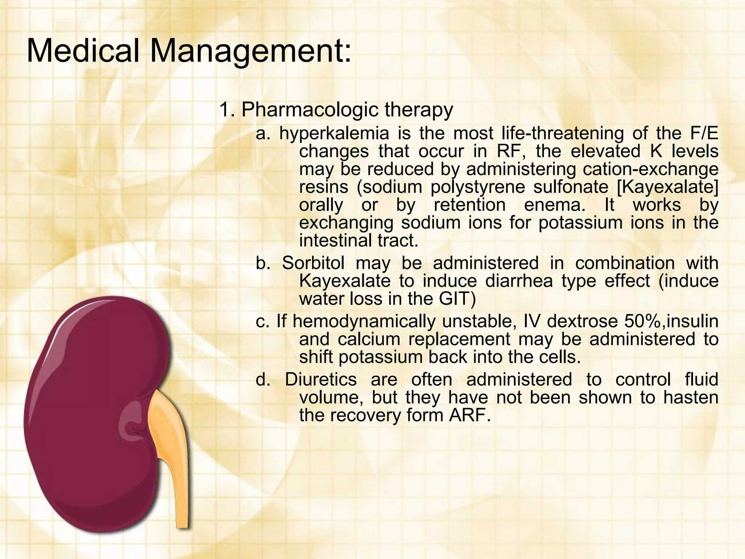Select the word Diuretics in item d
pyautogui.click(x=320, y=380)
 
